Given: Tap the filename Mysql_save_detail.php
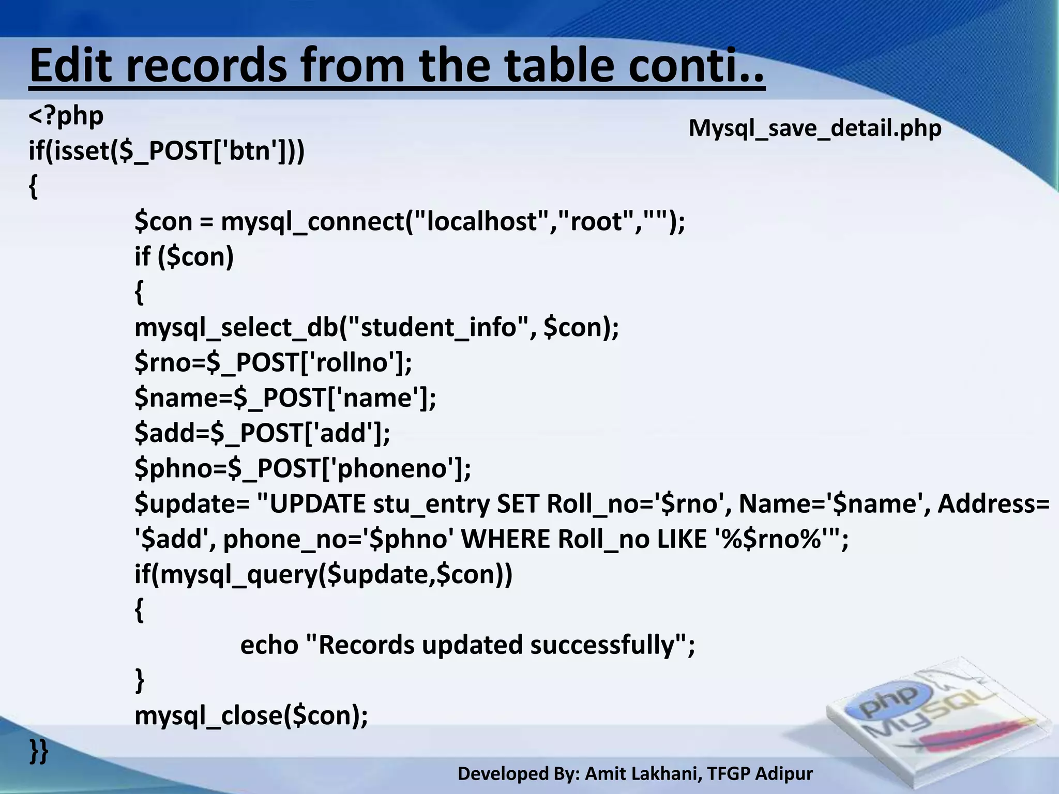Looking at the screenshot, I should pos(815,128).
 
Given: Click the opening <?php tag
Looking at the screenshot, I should pos(66,116).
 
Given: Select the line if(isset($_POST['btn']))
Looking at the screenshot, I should pos(167,151).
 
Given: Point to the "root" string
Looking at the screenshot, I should pos(596,222).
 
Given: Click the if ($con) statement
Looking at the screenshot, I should pos(184,256).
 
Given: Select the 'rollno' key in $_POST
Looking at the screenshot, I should pos(352,362).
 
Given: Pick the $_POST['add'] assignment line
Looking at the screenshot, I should pos(262,433).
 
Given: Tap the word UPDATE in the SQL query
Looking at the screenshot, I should pos(317,504).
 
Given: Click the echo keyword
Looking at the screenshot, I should pos(269,645).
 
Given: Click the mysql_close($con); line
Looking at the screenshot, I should pos(251,716).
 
